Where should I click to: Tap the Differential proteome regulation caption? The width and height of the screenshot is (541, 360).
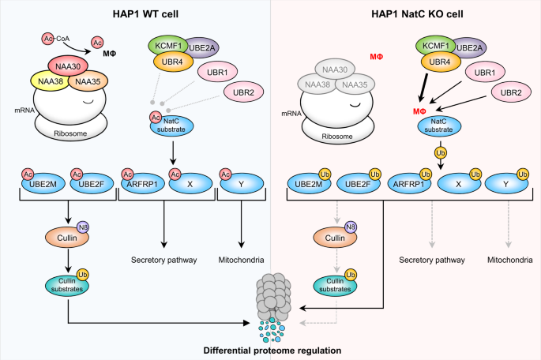click(271, 350)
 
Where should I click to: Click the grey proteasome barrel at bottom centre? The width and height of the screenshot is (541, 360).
click(270, 299)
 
